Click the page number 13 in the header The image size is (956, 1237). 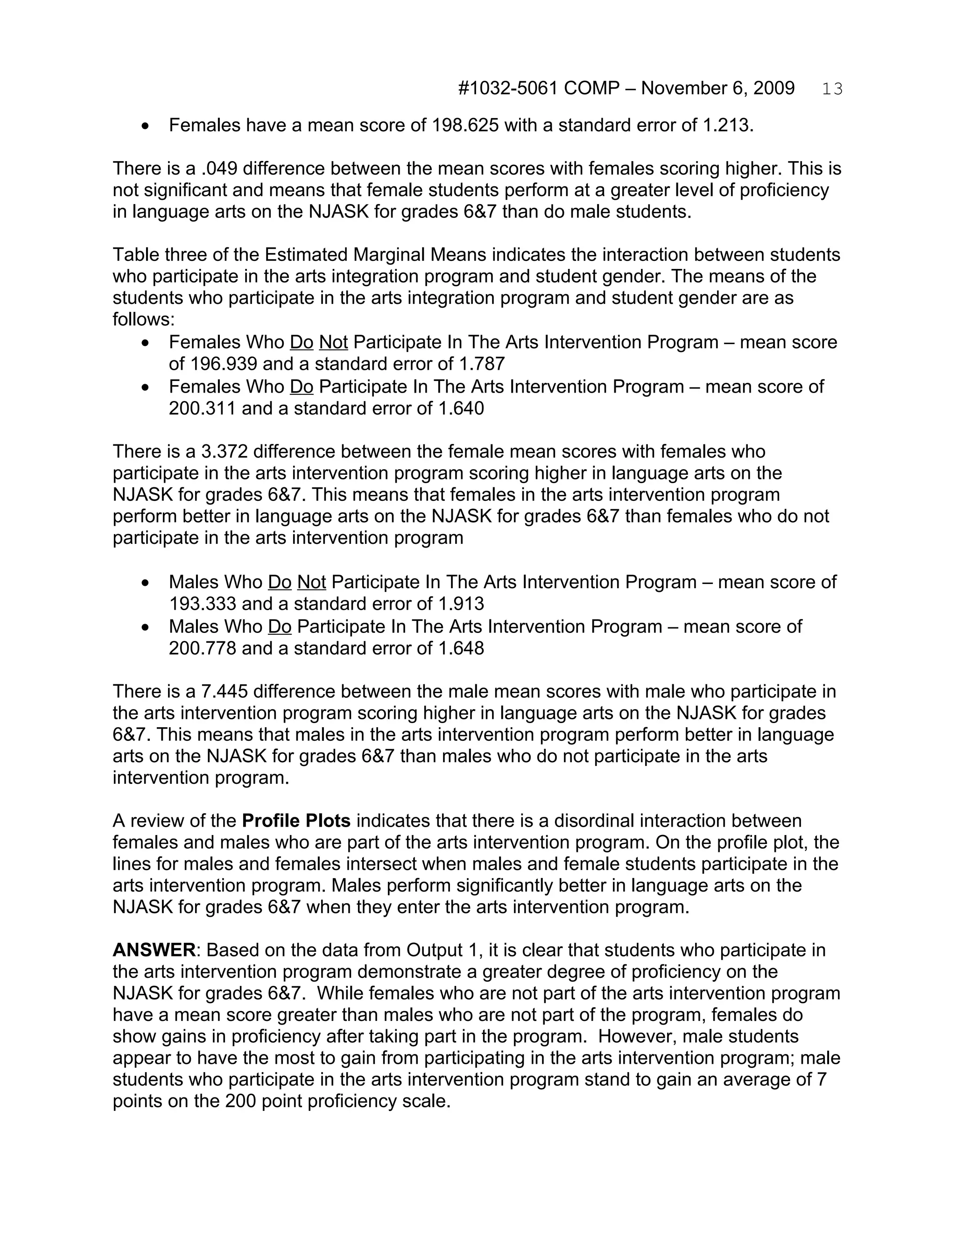[x=832, y=89]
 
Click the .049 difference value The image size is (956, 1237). [x=218, y=169]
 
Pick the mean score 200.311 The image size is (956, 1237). [x=202, y=408]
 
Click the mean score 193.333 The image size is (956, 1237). [x=202, y=603]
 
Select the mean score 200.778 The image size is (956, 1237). [x=202, y=647]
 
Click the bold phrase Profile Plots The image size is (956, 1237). [x=296, y=821]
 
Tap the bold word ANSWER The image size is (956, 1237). [x=154, y=950]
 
